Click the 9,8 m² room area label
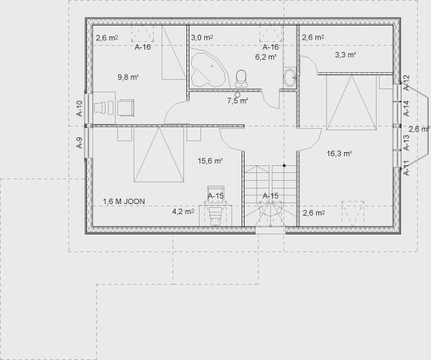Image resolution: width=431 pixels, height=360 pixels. point(128,77)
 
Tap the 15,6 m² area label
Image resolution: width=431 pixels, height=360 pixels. point(210,161)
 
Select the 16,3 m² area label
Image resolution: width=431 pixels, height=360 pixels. point(339,154)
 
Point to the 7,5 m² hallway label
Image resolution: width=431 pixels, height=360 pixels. point(238,101)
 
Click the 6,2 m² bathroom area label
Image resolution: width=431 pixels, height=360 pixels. point(266,57)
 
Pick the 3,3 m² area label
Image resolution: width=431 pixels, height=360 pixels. point(346,55)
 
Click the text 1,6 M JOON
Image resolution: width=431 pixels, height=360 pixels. point(124,202)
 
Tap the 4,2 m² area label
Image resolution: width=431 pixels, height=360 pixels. point(183,212)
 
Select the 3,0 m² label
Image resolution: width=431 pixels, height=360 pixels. point(202,37)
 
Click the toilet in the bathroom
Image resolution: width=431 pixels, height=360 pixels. point(241,78)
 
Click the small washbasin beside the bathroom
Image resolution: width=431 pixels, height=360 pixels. point(290,77)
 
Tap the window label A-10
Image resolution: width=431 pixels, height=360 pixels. point(79,109)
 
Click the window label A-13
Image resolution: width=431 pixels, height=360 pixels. point(406,143)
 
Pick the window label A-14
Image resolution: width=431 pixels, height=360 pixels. point(406,109)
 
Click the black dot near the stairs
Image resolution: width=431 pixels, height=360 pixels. point(284,165)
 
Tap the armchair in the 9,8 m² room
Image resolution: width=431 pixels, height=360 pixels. point(126,108)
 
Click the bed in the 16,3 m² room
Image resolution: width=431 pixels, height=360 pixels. point(351,102)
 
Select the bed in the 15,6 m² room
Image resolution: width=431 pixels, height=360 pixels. point(159,154)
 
